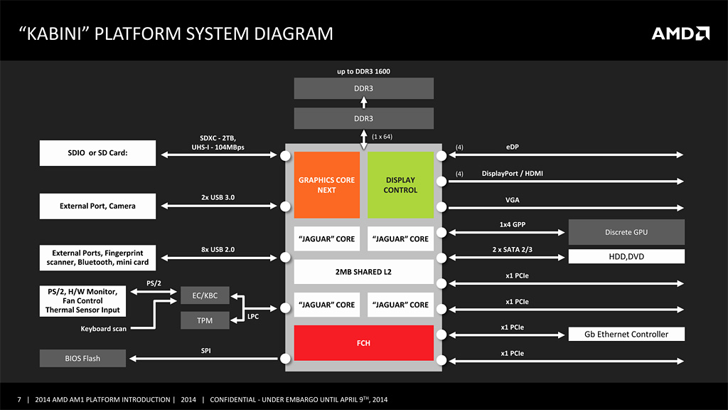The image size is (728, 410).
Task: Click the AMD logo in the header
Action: point(680,33)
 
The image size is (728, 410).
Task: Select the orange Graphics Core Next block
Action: point(327,185)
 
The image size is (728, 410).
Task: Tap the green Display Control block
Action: point(400,185)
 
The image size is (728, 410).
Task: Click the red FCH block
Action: point(363,343)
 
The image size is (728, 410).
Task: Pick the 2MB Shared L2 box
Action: point(363,272)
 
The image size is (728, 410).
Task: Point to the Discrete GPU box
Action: point(626,232)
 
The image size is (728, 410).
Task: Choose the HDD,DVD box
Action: point(626,256)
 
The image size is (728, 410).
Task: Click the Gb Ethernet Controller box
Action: point(626,335)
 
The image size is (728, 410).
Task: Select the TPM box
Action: point(205,321)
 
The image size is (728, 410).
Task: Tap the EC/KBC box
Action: point(205,295)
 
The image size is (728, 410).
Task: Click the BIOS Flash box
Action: point(82,358)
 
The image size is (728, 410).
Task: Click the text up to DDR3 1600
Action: point(363,71)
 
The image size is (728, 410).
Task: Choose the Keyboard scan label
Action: point(104,329)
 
